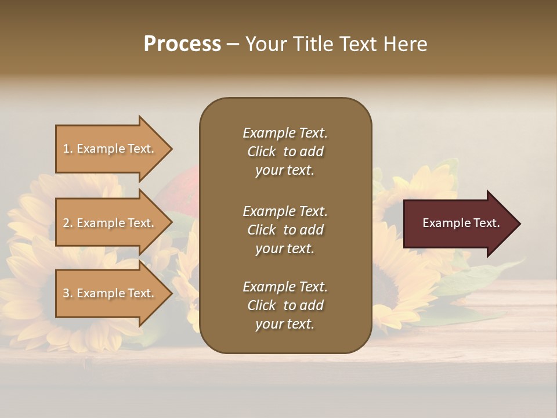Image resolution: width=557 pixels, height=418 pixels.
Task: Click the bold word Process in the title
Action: click(182, 44)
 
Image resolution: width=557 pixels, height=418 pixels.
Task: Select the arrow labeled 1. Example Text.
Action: click(109, 149)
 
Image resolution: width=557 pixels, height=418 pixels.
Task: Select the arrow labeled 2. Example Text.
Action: click(109, 223)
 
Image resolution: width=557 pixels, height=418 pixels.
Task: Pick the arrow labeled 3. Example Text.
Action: click(109, 293)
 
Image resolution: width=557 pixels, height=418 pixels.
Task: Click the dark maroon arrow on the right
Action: click(458, 223)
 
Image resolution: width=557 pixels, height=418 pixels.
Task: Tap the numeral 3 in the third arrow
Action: click(66, 293)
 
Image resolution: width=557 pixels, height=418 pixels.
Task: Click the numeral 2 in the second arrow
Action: click(66, 223)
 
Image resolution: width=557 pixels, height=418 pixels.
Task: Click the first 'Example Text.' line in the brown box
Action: click(285, 133)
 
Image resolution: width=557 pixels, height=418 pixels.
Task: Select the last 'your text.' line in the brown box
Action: click(285, 324)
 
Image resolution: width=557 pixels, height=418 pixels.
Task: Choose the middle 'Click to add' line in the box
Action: click(285, 230)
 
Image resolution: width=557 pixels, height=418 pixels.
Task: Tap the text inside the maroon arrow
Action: click(461, 223)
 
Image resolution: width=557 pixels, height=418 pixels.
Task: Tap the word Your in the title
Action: click(266, 44)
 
